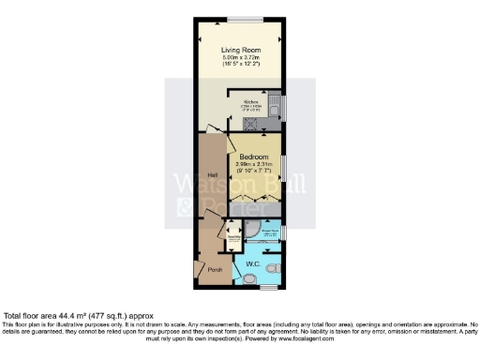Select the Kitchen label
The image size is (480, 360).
(x=251, y=101)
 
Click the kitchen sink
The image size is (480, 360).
(x=274, y=104)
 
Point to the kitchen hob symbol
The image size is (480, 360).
(x=268, y=122)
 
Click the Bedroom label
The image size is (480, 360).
(x=253, y=157)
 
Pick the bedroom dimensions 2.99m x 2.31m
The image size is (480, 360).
(x=253, y=165)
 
